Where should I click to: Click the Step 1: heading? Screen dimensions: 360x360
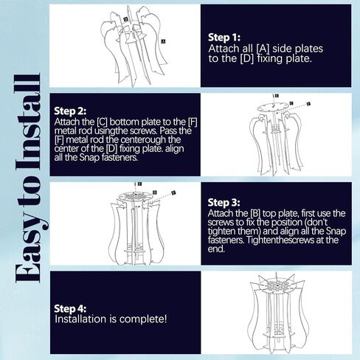pyautogui.click(x=224, y=38)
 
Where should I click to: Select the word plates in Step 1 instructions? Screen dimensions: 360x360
pyautogui.click(x=309, y=49)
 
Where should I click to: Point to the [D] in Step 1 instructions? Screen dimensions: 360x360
pyautogui.click(x=246, y=59)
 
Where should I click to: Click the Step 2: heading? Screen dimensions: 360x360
pyautogui.click(x=70, y=111)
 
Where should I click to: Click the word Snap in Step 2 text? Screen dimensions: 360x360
pyautogui.click(x=89, y=157)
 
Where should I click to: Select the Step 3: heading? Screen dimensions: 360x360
pyautogui.click(x=224, y=203)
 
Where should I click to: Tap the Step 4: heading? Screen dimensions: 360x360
pyautogui.click(x=70, y=308)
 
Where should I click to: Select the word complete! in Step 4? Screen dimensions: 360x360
pyautogui.click(x=143, y=319)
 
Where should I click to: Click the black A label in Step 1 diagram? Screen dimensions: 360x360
pyautogui.click(x=163, y=41)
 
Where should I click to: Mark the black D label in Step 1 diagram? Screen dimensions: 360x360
pyautogui.click(x=126, y=19)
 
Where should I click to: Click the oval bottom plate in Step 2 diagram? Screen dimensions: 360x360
pyautogui.click(x=273, y=107)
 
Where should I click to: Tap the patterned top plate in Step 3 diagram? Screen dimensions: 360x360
pyautogui.click(x=136, y=196)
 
